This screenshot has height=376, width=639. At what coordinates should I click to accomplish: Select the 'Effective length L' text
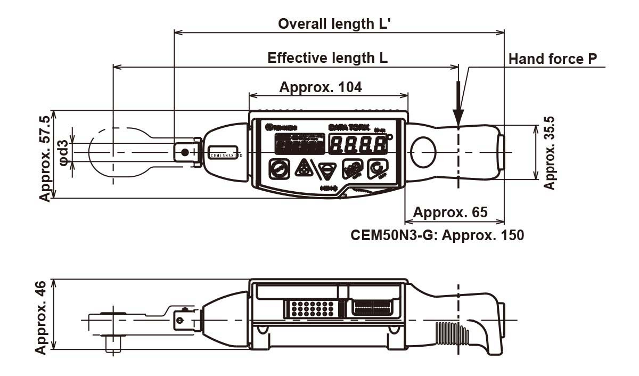pyautogui.click(x=327, y=58)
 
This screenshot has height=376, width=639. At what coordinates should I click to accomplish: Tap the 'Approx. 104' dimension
pyautogui.click(x=321, y=87)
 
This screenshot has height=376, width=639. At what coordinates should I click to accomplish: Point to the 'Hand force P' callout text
pyautogui.click(x=553, y=59)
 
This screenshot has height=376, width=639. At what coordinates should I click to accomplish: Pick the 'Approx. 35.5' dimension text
pyautogui.click(x=550, y=153)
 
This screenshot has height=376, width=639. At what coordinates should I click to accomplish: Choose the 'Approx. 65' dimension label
pyautogui.click(x=450, y=212)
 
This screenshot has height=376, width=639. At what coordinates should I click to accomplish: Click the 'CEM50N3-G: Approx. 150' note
pyautogui.click(x=437, y=235)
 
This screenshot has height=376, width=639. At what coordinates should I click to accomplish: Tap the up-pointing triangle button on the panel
pyautogui.click(x=304, y=169)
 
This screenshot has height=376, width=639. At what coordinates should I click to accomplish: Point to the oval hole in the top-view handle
pyautogui.click(x=425, y=151)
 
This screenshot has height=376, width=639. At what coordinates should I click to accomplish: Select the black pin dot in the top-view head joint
pyautogui.click(x=185, y=153)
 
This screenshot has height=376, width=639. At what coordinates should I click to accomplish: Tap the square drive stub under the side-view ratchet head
pyautogui.click(x=113, y=344)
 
